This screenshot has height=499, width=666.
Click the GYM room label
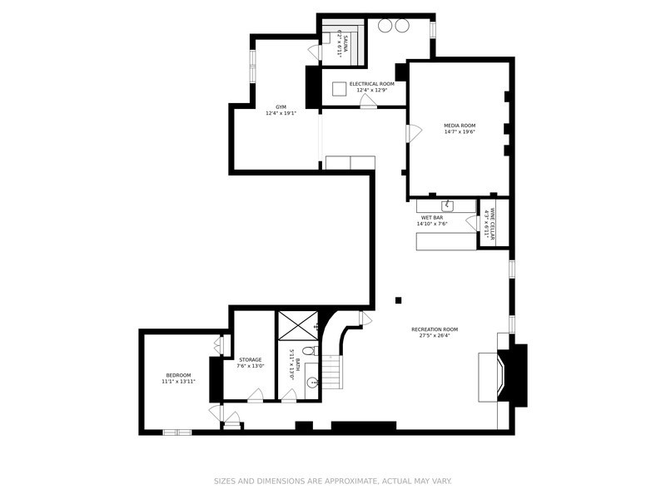281,106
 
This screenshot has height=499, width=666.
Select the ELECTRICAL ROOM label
371,84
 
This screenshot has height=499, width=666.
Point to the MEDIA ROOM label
460,125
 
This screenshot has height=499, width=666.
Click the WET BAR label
432,217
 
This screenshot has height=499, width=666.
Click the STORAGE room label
249,360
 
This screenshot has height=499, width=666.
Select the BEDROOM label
178,375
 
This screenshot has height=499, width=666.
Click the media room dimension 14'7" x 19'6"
460,131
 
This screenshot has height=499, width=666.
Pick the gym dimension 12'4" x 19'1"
281,113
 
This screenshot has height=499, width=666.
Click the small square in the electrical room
338,87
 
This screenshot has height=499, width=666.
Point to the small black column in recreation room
399,299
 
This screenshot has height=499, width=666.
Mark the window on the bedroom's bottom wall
176,432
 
